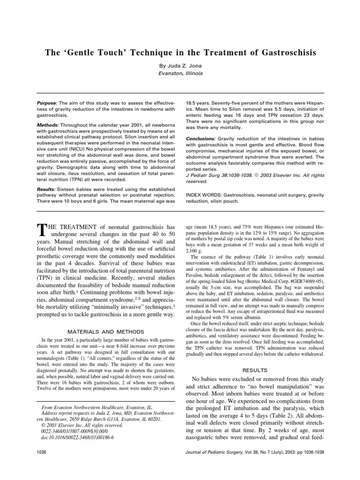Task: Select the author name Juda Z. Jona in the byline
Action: (186, 65)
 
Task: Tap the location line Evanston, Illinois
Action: (180, 73)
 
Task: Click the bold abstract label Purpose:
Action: (47, 102)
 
